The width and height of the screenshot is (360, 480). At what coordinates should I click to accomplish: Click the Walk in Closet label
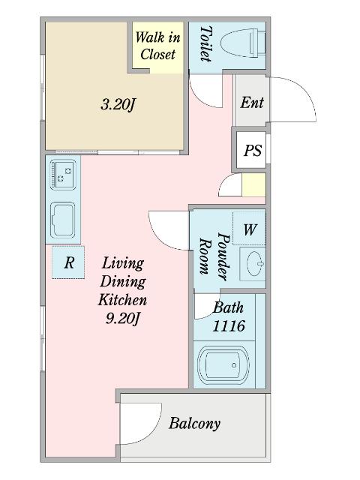click(157, 46)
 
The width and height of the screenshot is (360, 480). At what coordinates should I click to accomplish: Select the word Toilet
click(205, 43)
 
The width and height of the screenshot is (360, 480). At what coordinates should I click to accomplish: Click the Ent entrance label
click(252, 103)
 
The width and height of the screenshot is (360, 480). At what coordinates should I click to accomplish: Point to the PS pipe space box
click(252, 150)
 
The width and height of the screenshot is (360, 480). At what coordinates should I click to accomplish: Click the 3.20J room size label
click(118, 105)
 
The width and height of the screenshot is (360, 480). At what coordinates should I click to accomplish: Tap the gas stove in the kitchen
click(63, 174)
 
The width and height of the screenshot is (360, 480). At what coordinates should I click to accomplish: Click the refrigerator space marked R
click(68, 262)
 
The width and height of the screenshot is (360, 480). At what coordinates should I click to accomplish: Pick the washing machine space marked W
click(249, 229)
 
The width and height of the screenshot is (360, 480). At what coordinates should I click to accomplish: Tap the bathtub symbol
click(223, 365)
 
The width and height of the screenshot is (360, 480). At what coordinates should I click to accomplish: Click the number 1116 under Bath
click(229, 326)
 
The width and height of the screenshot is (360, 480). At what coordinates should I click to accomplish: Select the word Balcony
click(194, 424)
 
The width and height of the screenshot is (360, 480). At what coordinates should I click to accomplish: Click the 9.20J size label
click(123, 319)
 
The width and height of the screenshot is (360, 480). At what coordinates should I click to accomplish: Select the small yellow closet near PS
click(253, 185)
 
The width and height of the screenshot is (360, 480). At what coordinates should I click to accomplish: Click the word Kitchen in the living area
click(122, 300)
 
